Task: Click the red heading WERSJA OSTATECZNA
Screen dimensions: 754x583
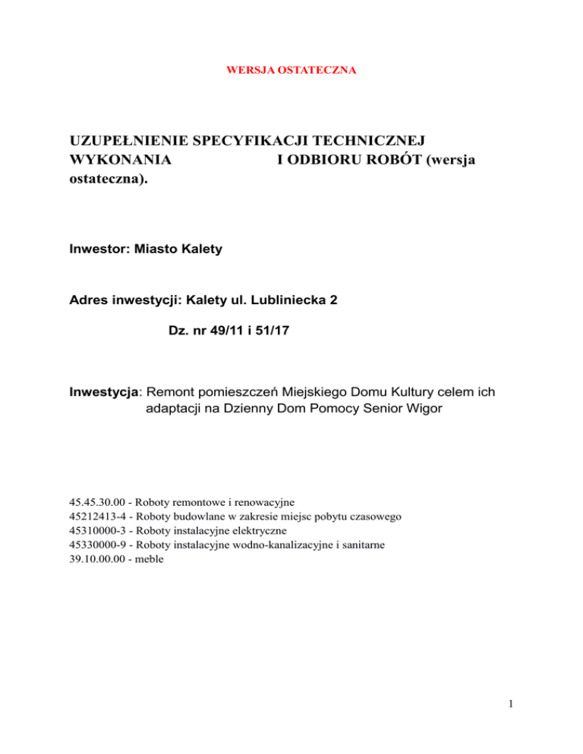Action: coord(291,71)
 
